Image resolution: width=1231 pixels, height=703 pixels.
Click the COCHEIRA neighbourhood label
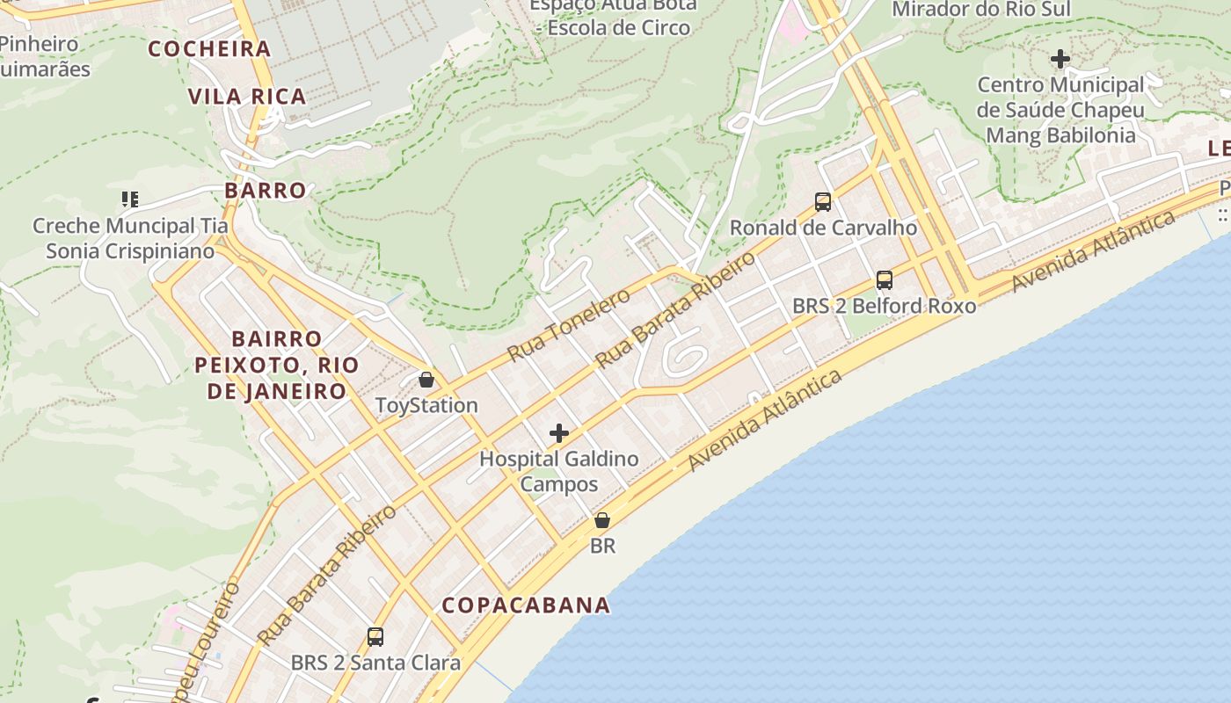click(209, 48)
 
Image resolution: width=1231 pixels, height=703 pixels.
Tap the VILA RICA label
click(247, 96)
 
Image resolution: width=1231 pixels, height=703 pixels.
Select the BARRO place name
click(266, 190)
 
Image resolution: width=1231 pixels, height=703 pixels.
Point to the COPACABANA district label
click(526, 605)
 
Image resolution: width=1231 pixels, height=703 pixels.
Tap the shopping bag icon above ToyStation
click(426, 380)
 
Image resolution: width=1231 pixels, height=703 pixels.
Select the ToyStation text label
click(426, 405)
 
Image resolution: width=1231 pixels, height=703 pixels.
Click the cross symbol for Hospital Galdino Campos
click(559, 432)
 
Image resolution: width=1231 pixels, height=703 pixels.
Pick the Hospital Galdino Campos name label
click(559, 471)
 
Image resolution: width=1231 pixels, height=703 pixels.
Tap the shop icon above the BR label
click(602, 520)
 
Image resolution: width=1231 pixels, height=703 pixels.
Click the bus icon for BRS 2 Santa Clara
click(375, 636)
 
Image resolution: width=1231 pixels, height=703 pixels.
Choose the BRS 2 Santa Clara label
click(375, 663)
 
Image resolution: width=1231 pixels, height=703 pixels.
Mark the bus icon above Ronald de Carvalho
click(823, 202)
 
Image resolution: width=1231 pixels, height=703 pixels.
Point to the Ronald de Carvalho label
click(823, 228)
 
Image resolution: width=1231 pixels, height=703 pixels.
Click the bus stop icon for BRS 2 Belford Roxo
click(885, 280)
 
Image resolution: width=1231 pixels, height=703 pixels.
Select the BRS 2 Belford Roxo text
click(885, 306)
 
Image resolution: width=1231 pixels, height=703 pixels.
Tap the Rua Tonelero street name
click(569, 324)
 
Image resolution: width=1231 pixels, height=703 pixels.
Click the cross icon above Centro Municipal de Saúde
click(1060, 59)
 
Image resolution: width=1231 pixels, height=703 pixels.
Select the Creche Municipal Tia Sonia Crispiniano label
click(130, 238)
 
